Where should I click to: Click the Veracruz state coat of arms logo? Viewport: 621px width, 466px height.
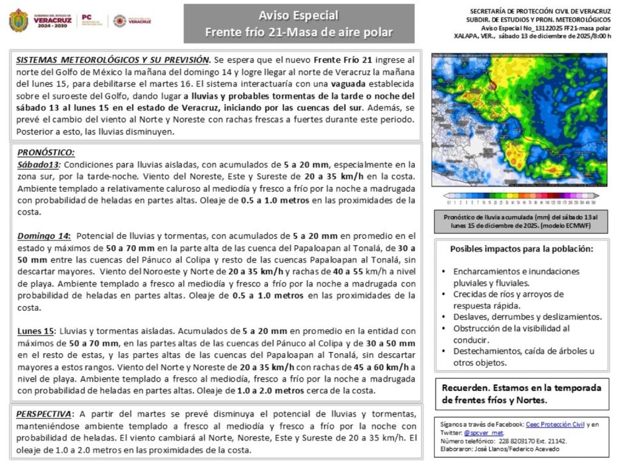coord(19,20)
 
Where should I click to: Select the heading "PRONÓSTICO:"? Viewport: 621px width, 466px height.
coord(46,153)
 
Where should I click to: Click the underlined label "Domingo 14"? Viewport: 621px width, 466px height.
coord(44,235)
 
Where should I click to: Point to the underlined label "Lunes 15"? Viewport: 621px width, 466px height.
coord(36,331)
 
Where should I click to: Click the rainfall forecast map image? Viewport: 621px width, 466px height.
coord(519,120)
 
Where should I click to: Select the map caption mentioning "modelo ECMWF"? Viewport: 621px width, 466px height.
coord(519,221)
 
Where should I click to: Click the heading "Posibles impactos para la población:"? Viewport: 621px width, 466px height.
coord(522,249)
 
